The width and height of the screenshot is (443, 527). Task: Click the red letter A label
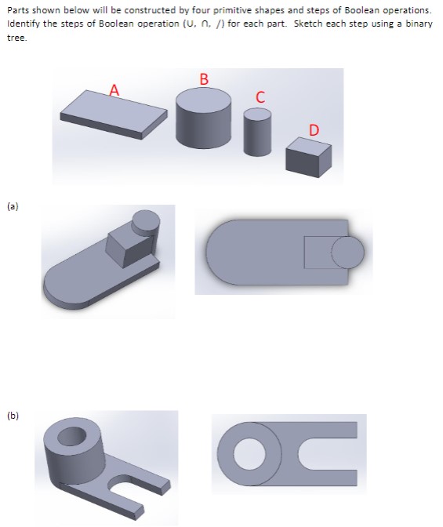point(115,90)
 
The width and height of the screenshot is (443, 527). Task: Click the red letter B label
point(204,78)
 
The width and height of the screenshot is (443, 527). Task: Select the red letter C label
point(260,97)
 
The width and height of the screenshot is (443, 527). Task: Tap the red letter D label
point(314,129)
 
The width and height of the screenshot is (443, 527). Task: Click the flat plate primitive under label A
point(114,111)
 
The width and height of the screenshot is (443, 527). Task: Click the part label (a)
point(13,207)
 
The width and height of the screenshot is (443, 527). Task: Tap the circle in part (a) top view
point(347,252)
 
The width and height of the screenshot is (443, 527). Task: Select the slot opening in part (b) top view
point(329,455)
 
